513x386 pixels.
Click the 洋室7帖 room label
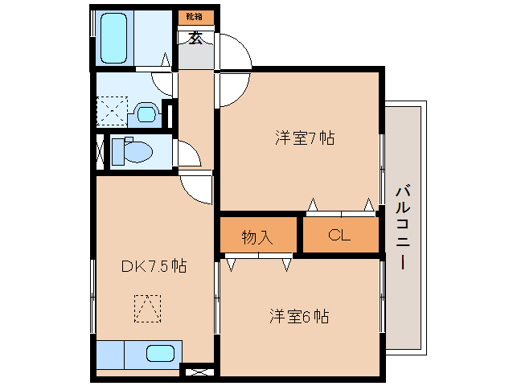(x=305, y=138)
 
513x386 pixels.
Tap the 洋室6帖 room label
(x=299, y=316)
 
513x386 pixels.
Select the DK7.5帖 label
(x=154, y=266)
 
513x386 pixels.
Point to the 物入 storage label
(x=257, y=237)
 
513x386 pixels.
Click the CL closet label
(x=339, y=235)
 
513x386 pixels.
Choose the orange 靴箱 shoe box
(x=196, y=17)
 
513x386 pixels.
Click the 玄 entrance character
(x=195, y=39)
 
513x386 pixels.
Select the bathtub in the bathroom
(x=113, y=38)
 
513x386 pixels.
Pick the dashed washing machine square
(x=112, y=111)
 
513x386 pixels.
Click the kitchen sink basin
(x=160, y=353)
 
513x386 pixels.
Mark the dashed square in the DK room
(x=148, y=309)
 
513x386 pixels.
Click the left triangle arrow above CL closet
(x=313, y=204)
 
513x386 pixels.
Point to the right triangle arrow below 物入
(x=286, y=265)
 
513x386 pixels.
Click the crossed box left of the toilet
(x=101, y=152)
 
